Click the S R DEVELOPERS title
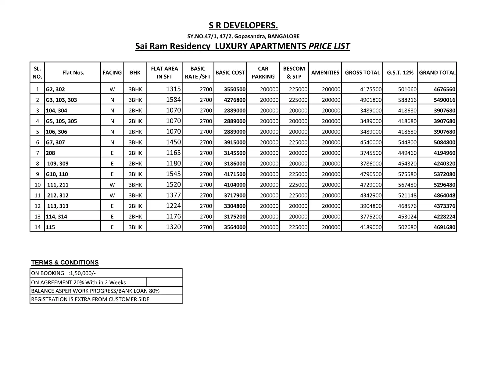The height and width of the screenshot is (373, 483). coord(243,26)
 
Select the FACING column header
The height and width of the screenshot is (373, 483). coord(112,73)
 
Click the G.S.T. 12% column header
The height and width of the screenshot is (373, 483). coord(400,73)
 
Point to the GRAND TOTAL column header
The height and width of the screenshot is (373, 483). coord(437,73)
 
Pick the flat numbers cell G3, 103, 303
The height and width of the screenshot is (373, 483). coord(61,100)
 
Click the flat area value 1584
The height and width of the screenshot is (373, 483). coord(173,100)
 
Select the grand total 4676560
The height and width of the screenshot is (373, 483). coord(444,89)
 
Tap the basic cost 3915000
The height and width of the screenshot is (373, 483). coord(234,142)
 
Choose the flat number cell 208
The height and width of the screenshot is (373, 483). coord(51,153)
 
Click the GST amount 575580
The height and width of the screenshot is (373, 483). coord(407,174)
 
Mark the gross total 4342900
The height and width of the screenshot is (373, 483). coord(370,195)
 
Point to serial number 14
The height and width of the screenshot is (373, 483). coord(38,227)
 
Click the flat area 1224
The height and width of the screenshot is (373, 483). coord(173,206)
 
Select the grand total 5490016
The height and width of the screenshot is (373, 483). coord(444,100)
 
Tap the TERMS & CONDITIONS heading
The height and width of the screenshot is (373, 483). coord(65,262)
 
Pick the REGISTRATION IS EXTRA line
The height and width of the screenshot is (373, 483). coord(90,299)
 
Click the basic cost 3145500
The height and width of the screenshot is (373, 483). coord(234,153)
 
